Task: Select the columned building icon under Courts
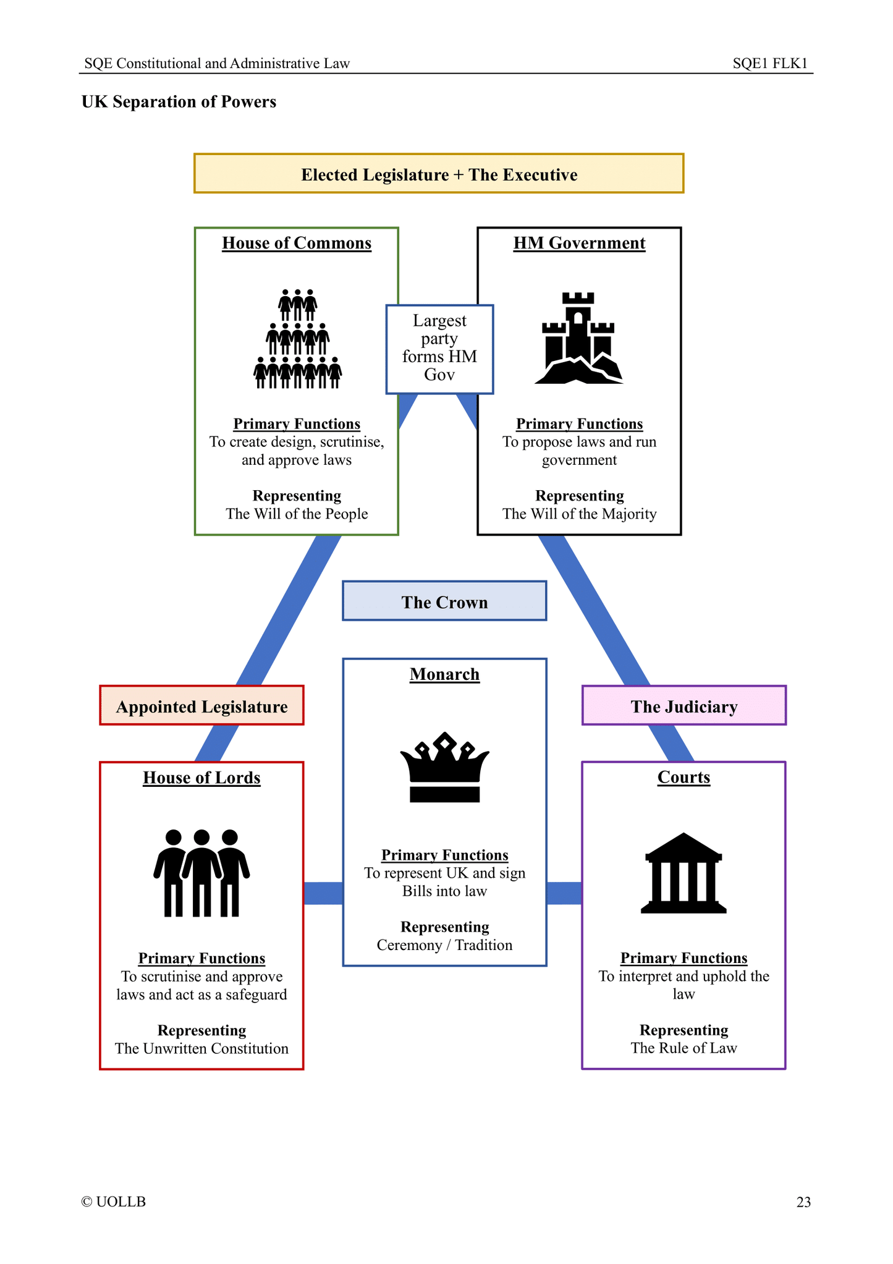(x=684, y=873)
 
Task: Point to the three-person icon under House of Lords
(x=201, y=873)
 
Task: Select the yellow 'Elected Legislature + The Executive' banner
(x=439, y=174)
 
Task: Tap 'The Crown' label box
(x=444, y=601)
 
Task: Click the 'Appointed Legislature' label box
(x=201, y=706)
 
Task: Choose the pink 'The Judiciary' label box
(x=684, y=706)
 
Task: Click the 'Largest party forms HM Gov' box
(x=439, y=349)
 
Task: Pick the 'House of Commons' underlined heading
(x=297, y=243)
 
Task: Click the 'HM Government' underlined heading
(x=579, y=243)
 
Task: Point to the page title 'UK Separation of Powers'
(x=179, y=101)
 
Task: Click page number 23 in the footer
(x=803, y=1202)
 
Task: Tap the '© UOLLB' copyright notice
(x=114, y=1202)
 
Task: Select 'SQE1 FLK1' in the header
(x=770, y=63)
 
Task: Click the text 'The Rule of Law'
(x=684, y=1048)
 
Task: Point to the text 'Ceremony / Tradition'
(x=444, y=944)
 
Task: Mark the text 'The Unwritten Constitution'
(x=201, y=1048)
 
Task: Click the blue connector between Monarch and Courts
(x=564, y=893)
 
